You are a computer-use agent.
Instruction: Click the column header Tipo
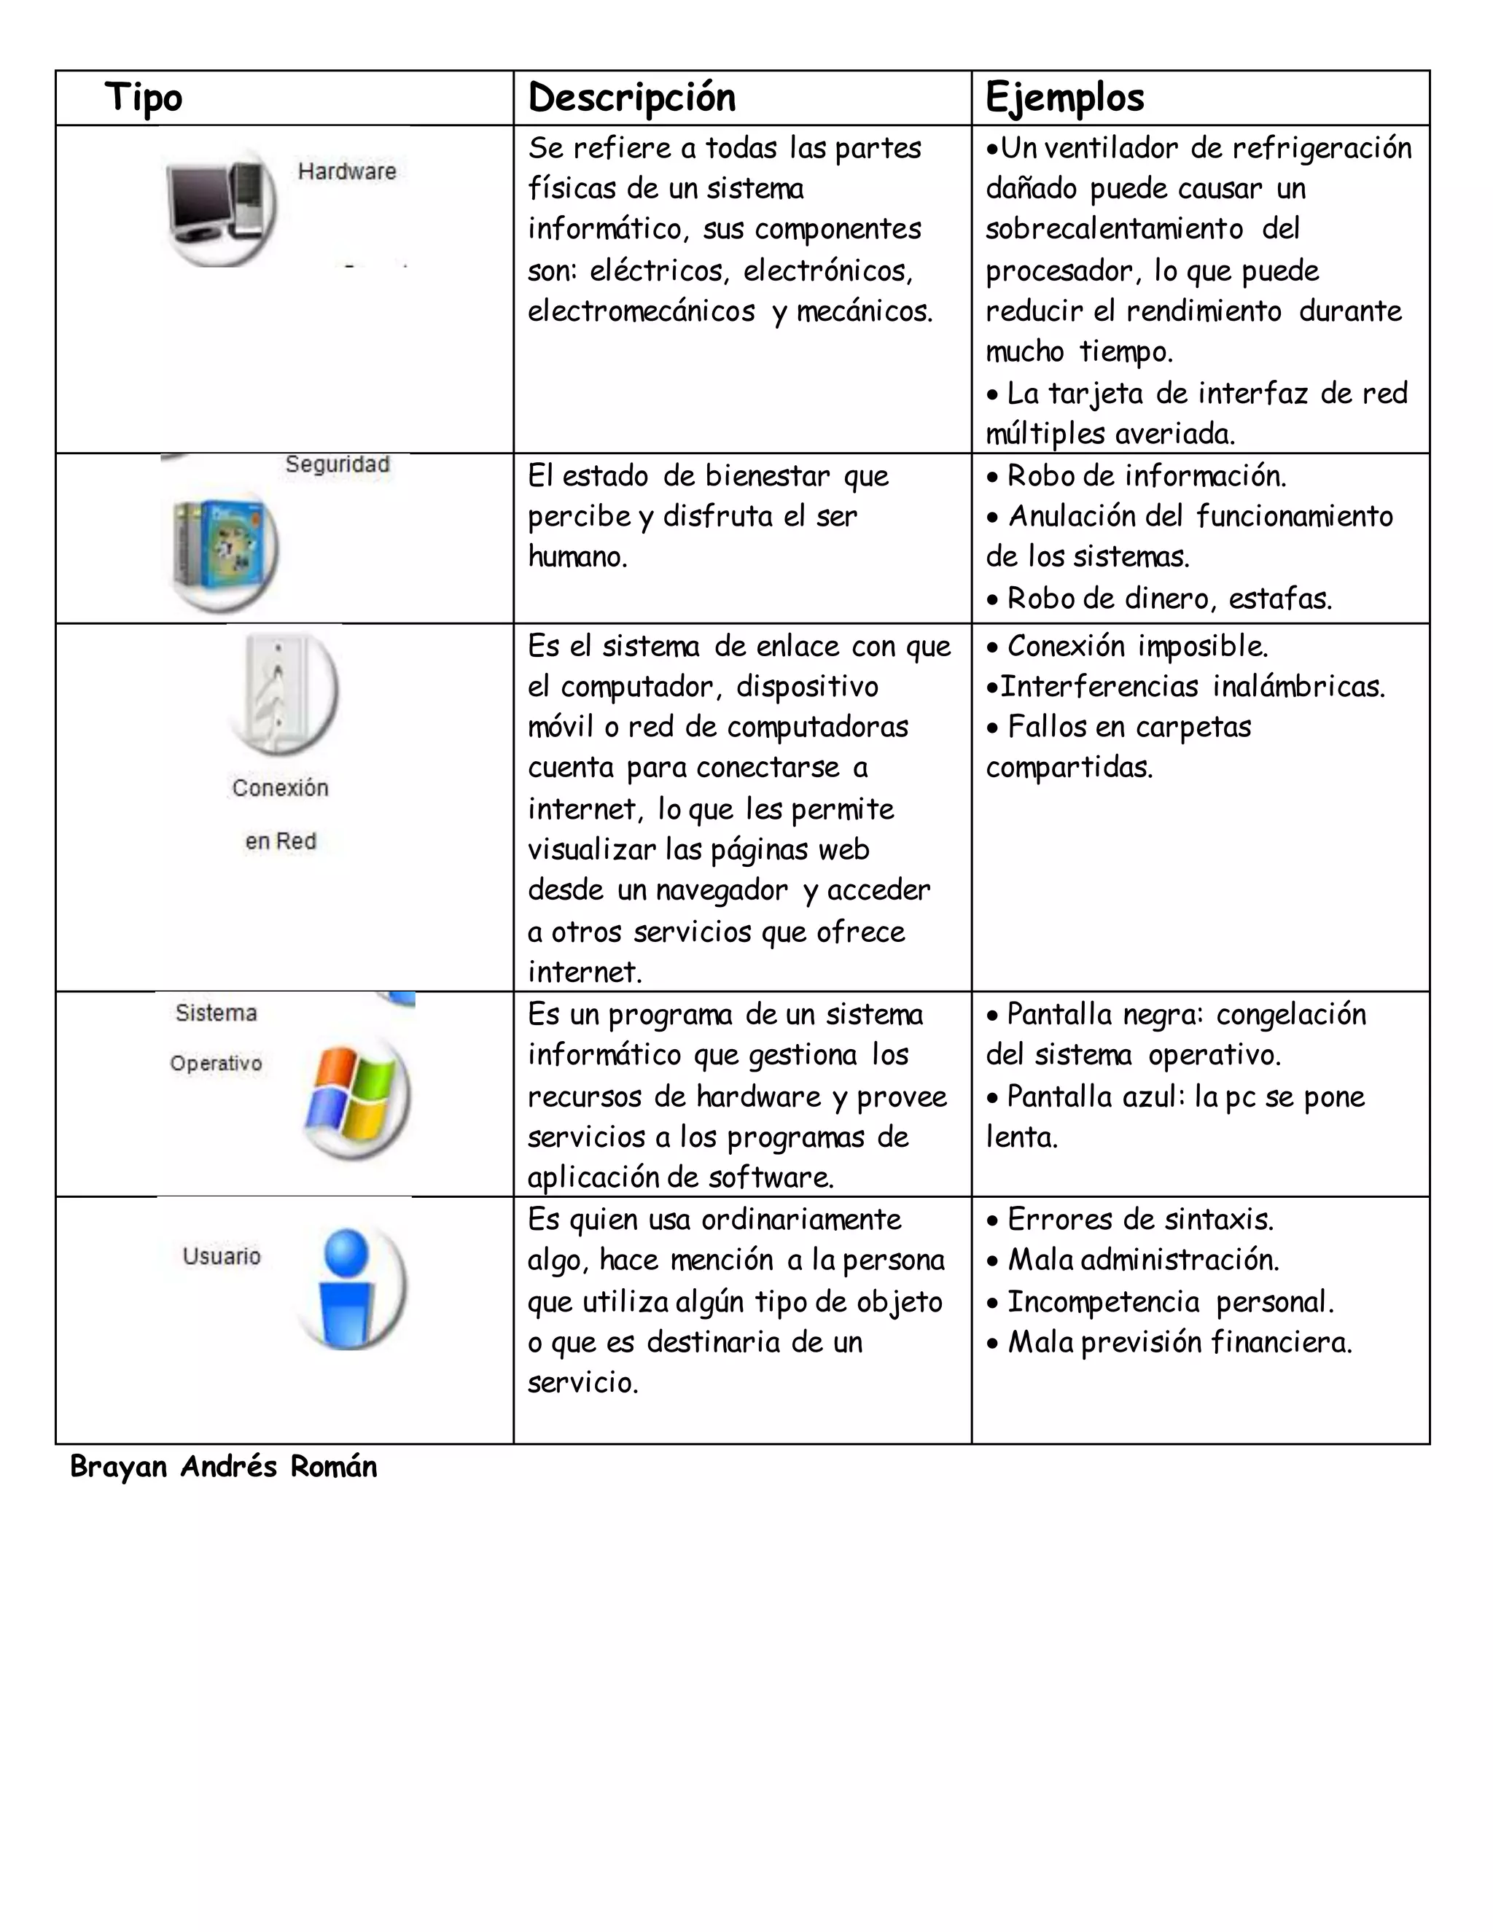point(144,97)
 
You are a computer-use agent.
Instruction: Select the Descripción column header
point(631,97)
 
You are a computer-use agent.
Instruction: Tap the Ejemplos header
point(1065,97)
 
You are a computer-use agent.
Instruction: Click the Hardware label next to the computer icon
point(347,171)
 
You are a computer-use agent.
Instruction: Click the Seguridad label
point(337,464)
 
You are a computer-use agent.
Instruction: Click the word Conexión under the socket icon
point(281,788)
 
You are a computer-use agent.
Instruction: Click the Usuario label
point(222,1256)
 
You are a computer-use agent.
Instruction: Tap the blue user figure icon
point(348,1287)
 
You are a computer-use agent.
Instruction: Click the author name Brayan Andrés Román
point(224,1467)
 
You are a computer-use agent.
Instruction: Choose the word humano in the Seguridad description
point(577,556)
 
